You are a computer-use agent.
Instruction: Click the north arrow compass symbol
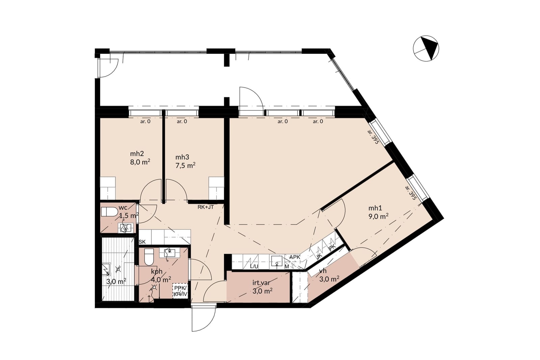[426, 48]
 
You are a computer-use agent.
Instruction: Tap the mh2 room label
[137, 154]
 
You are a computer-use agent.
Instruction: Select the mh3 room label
[182, 157]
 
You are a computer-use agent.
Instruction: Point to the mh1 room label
[375, 208]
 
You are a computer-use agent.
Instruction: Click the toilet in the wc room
[109, 212]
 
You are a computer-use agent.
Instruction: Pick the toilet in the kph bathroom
[149, 257]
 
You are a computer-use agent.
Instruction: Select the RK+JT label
[206, 207]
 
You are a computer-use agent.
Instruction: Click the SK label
[142, 242]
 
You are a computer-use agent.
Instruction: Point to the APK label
[295, 257]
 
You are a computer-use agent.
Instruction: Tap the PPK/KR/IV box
[181, 291]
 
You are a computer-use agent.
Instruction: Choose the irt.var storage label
[261, 283]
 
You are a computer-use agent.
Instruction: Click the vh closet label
[323, 271]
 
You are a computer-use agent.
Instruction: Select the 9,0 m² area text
[378, 217]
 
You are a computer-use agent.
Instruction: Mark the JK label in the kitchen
[319, 256]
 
